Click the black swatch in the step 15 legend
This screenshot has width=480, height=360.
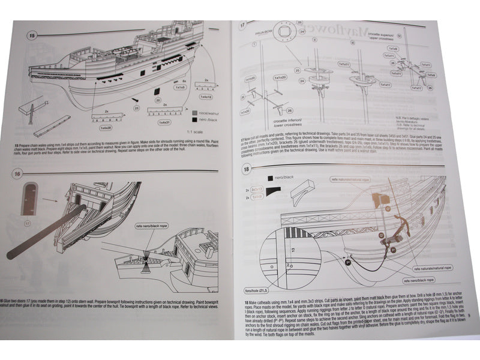[x=194, y=119]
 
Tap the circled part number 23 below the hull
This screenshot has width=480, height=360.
[x=136, y=108]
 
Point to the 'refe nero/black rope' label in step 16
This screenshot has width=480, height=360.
[x=151, y=227]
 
